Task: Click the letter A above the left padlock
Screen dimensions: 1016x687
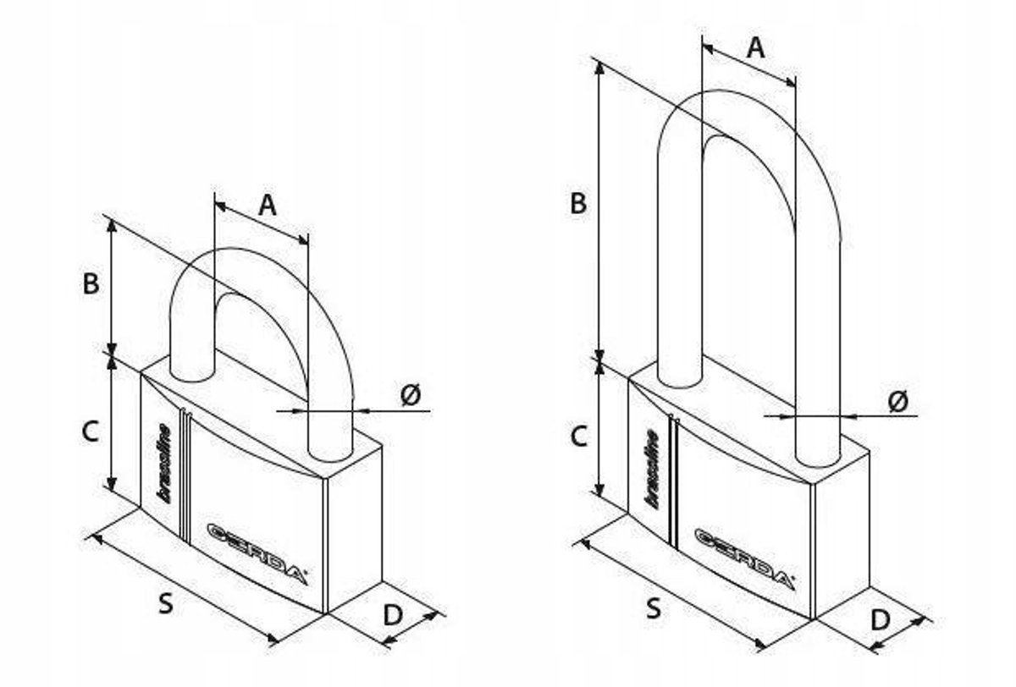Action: [268, 206]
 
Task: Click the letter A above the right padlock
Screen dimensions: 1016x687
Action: [755, 47]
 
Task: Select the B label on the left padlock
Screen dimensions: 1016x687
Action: [91, 283]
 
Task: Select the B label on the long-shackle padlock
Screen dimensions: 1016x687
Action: [578, 203]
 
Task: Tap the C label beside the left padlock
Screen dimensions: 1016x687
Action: [91, 431]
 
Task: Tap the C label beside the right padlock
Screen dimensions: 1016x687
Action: [578, 437]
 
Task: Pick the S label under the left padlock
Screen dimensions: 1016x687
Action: [166, 604]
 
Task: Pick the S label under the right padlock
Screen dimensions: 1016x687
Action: [654, 608]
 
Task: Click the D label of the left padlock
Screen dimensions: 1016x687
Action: [393, 615]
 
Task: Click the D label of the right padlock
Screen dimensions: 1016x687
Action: [881, 620]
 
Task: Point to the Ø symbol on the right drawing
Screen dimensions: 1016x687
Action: [898, 401]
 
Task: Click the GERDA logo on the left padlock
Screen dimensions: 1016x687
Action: [257, 554]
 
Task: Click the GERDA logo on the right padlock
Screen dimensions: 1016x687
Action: [744, 559]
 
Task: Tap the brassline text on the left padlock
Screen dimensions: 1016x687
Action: [163, 463]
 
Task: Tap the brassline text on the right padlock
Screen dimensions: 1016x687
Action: [652, 469]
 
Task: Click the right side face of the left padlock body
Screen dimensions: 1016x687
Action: [355, 530]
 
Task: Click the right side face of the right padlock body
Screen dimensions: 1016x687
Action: [842, 536]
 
